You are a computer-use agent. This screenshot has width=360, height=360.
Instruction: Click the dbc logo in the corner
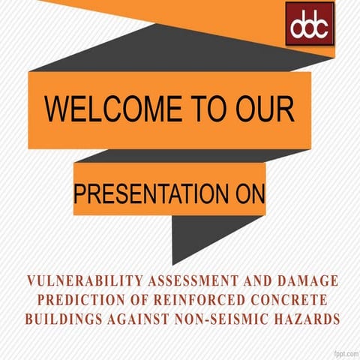coord(309,23)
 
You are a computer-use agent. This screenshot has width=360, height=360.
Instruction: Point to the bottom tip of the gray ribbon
coord(173,263)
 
